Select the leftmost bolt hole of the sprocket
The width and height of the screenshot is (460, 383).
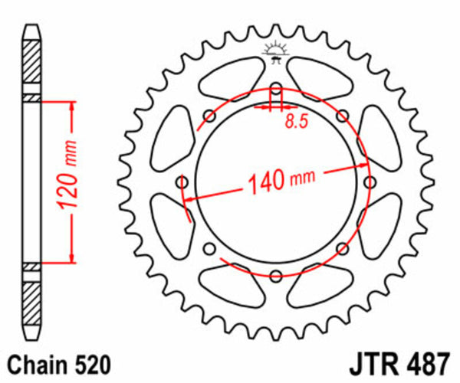pyautogui.click(x=182, y=182)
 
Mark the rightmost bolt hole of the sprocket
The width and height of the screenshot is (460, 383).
pyautogui.click(x=370, y=182)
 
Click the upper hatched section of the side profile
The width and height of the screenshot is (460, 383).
pyautogui.click(x=29, y=69)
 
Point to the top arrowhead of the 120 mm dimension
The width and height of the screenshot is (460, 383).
pyautogui.click(x=72, y=105)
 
